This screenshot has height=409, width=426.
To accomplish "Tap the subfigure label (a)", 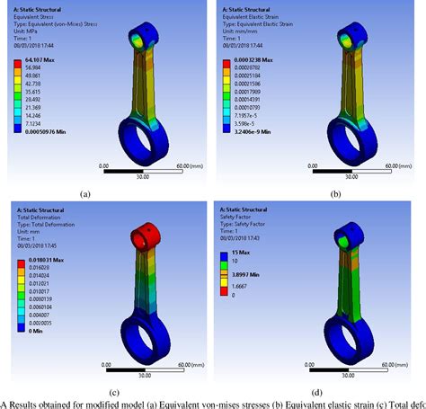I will click(x=85, y=193).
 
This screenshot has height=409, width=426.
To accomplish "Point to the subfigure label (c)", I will click(x=85, y=393).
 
